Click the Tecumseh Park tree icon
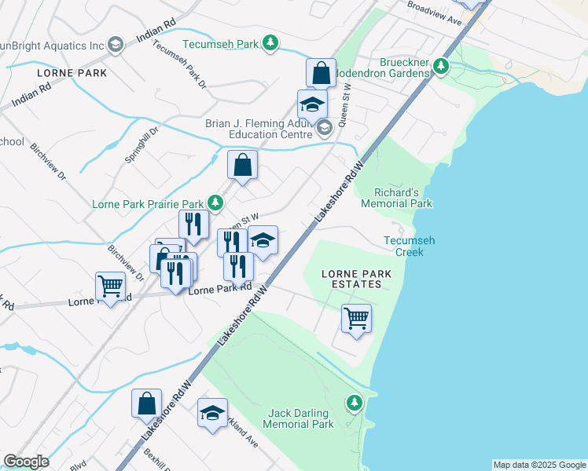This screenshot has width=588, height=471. pyautogui.click(x=270, y=43)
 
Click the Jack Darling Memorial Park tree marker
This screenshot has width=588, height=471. pyautogui.click(x=355, y=403)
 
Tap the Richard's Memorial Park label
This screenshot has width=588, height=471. pyautogui.click(x=396, y=197)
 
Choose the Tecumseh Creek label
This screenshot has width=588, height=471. pyautogui.click(x=403, y=246)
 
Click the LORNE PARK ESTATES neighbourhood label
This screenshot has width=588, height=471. pyautogui.click(x=355, y=279)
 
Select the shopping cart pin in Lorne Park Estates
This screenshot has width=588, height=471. pyautogui.click(x=356, y=319)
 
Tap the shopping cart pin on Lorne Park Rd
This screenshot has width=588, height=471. pyautogui.click(x=110, y=287)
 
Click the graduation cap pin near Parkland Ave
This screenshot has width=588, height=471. pyautogui.click(x=212, y=413)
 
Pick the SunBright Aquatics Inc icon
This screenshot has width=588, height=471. pyautogui.click(x=116, y=44)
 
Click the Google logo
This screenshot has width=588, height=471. pyautogui.click(x=26, y=462)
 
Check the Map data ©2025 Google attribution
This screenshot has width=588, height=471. pyautogui.click(x=538, y=465)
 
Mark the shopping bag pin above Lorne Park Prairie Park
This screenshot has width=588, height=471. pyautogui.click(x=242, y=166)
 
